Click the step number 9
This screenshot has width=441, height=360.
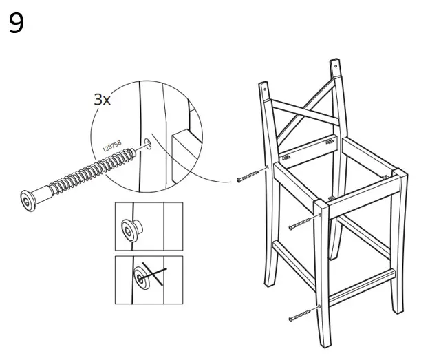tap(17, 23)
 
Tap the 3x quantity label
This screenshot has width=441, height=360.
tap(102, 99)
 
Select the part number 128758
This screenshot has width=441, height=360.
tap(111, 146)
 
